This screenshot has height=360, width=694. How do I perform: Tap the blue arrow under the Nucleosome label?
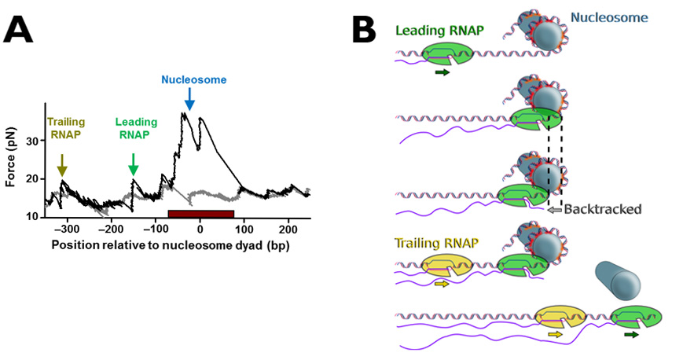pyautogui.click(x=189, y=98)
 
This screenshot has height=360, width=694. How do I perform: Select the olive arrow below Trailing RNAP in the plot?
pyautogui.click(x=63, y=164)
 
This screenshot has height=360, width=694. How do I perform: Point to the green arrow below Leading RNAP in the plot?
pyautogui.click(x=133, y=163)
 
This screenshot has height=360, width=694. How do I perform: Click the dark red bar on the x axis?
pyautogui.click(x=200, y=213)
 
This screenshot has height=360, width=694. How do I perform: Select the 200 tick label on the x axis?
pyautogui.click(x=288, y=229)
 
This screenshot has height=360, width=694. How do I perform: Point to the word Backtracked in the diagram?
pyautogui.click(x=606, y=209)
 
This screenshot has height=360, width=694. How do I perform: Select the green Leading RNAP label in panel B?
pyautogui.click(x=439, y=31)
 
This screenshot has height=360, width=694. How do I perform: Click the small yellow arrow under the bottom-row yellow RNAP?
pyautogui.click(x=556, y=334)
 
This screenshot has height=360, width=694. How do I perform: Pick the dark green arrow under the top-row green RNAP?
pyautogui.click(x=442, y=72)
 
